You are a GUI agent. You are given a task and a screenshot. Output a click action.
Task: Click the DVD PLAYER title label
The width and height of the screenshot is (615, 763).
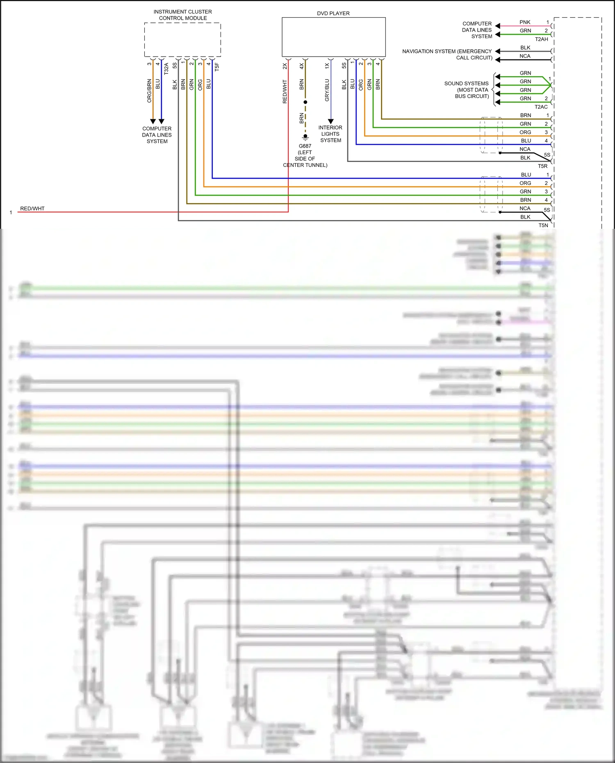(x=333, y=14)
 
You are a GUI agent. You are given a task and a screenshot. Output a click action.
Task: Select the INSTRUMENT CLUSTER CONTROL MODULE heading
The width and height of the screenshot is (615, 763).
(x=182, y=15)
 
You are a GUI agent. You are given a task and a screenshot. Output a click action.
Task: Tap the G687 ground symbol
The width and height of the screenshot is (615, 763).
(x=305, y=137)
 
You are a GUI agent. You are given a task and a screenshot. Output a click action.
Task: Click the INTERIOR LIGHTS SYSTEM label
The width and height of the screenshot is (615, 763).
(x=330, y=134)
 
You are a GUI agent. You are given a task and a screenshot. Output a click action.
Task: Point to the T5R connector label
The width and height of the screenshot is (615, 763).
(x=542, y=166)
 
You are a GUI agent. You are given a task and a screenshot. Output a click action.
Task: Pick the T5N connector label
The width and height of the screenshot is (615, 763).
(x=543, y=225)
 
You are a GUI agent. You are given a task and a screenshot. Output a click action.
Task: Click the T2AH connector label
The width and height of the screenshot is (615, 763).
(x=541, y=39)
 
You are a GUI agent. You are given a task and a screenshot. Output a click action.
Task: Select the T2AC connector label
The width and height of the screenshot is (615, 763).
(x=541, y=107)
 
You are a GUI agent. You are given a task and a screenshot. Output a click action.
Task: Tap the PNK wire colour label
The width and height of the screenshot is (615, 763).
(x=525, y=22)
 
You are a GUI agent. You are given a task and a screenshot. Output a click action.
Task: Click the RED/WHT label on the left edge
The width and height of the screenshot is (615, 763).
(x=32, y=209)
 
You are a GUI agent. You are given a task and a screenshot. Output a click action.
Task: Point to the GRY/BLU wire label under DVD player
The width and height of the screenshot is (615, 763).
(x=327, y=90)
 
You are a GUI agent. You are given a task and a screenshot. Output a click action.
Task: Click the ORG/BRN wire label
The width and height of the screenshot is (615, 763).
(x=149, y=91)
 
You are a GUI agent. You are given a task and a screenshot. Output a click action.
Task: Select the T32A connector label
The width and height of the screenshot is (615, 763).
(x=166, y=68)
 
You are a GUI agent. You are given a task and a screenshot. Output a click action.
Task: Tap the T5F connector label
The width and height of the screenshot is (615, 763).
(x=217, y=67)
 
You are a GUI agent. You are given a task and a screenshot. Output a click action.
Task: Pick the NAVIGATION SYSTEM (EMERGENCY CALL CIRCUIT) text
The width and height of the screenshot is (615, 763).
(x=447, y=54)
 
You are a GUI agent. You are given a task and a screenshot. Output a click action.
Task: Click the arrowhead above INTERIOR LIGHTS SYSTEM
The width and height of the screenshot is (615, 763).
(x=331, y=121)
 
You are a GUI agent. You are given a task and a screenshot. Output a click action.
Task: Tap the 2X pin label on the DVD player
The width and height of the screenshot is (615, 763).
(x=285, y=66)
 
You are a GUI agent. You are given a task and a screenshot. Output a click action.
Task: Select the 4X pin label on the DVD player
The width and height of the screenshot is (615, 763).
(x=301, y=66)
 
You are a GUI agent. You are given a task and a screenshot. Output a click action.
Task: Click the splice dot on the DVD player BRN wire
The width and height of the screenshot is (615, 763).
(x=305, y=102)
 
